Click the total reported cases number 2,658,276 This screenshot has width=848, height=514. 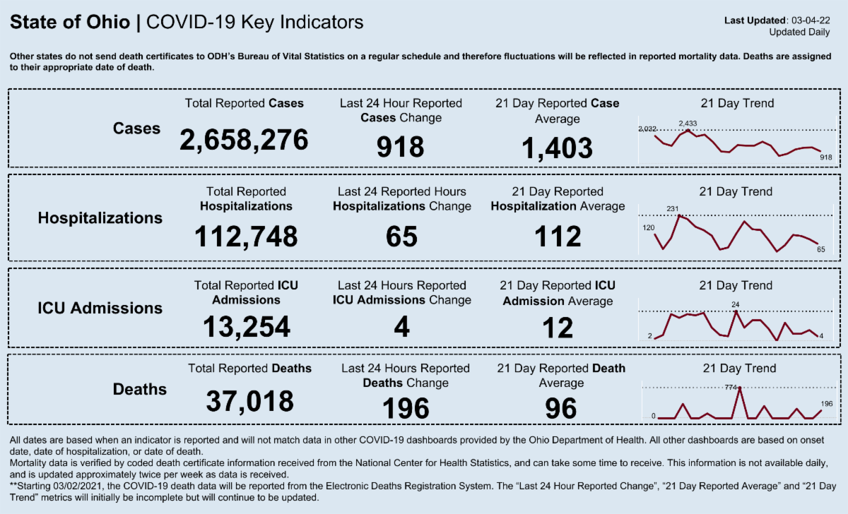[244, 140]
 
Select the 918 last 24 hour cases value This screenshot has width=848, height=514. [400, 146]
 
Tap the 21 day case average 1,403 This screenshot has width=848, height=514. [557, 148]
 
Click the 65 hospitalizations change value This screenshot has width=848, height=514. [401, 237]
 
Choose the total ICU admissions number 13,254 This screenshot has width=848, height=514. [246, 326]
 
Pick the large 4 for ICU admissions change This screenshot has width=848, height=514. [401, 327]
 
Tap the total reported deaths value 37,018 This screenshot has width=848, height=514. [249, 401]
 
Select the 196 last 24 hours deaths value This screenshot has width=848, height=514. [405, 408]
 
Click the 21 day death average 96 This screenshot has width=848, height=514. [561, 408]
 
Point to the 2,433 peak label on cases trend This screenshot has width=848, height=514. [688, 124]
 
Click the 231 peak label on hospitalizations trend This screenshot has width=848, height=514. [673, 208]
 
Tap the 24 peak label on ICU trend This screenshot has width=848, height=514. [736, 304]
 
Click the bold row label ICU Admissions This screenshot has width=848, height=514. [100, 308]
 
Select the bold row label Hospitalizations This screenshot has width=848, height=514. [100, 218]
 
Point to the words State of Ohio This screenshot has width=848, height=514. [70, 23]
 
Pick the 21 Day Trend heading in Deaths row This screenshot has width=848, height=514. [739, 368]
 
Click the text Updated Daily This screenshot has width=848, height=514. [799, 32]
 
